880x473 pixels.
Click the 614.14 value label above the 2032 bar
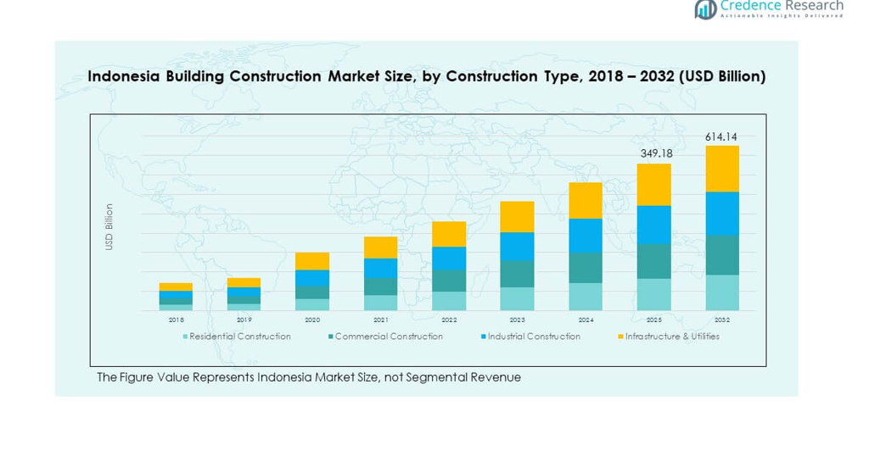click(721, 136)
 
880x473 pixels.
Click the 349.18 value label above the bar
click(653, 153)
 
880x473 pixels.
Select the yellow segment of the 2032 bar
click(722, 169)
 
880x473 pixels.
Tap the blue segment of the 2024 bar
click(586, 235)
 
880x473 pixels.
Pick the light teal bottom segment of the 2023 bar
click(517, 298)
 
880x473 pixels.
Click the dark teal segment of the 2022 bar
click(449, 281)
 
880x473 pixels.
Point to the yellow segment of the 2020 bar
click(312, 261)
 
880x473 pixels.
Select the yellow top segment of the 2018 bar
click(176, 287)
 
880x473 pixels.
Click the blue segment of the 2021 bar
click(380, 268)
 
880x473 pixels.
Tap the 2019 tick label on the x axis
click(244, 320)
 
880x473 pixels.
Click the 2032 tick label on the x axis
click(722, 320)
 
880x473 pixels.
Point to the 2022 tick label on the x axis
click(449, 320)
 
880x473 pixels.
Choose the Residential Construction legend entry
click(239, 337)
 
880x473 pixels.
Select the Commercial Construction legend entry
click(389, 337)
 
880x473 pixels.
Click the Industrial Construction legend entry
click(534, 337)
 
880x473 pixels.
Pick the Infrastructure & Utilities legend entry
click(671, 337)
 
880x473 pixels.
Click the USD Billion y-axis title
click(109, 226)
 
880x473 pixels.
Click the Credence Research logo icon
click(705, 8)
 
